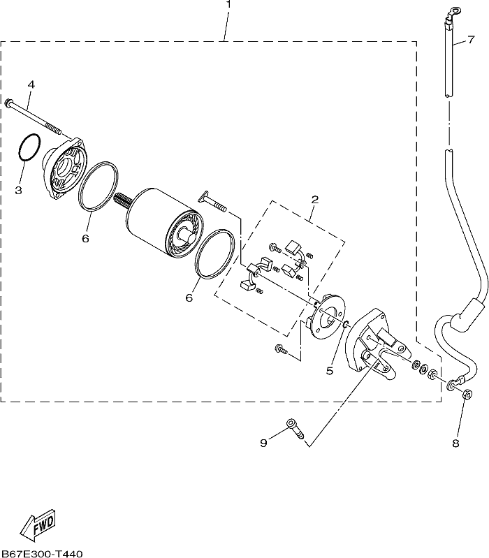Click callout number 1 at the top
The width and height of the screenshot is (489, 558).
[x=228, y=4]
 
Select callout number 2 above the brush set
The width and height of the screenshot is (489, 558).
[x=314, y=199]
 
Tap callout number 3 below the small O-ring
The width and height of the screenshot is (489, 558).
[x=18, y=190]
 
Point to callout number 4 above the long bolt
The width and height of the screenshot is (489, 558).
[x=31, y=85]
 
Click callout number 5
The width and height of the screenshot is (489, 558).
[x=330, y=371]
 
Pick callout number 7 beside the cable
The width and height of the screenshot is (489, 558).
[x=471, y=39]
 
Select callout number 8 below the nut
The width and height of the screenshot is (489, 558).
[x=456, y=443]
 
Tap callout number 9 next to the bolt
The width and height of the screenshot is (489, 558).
[x=263, y=443]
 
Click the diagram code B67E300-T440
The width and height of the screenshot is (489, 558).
[x=41, y=554]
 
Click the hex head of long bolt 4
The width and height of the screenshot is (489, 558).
[x=8, y=102]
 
